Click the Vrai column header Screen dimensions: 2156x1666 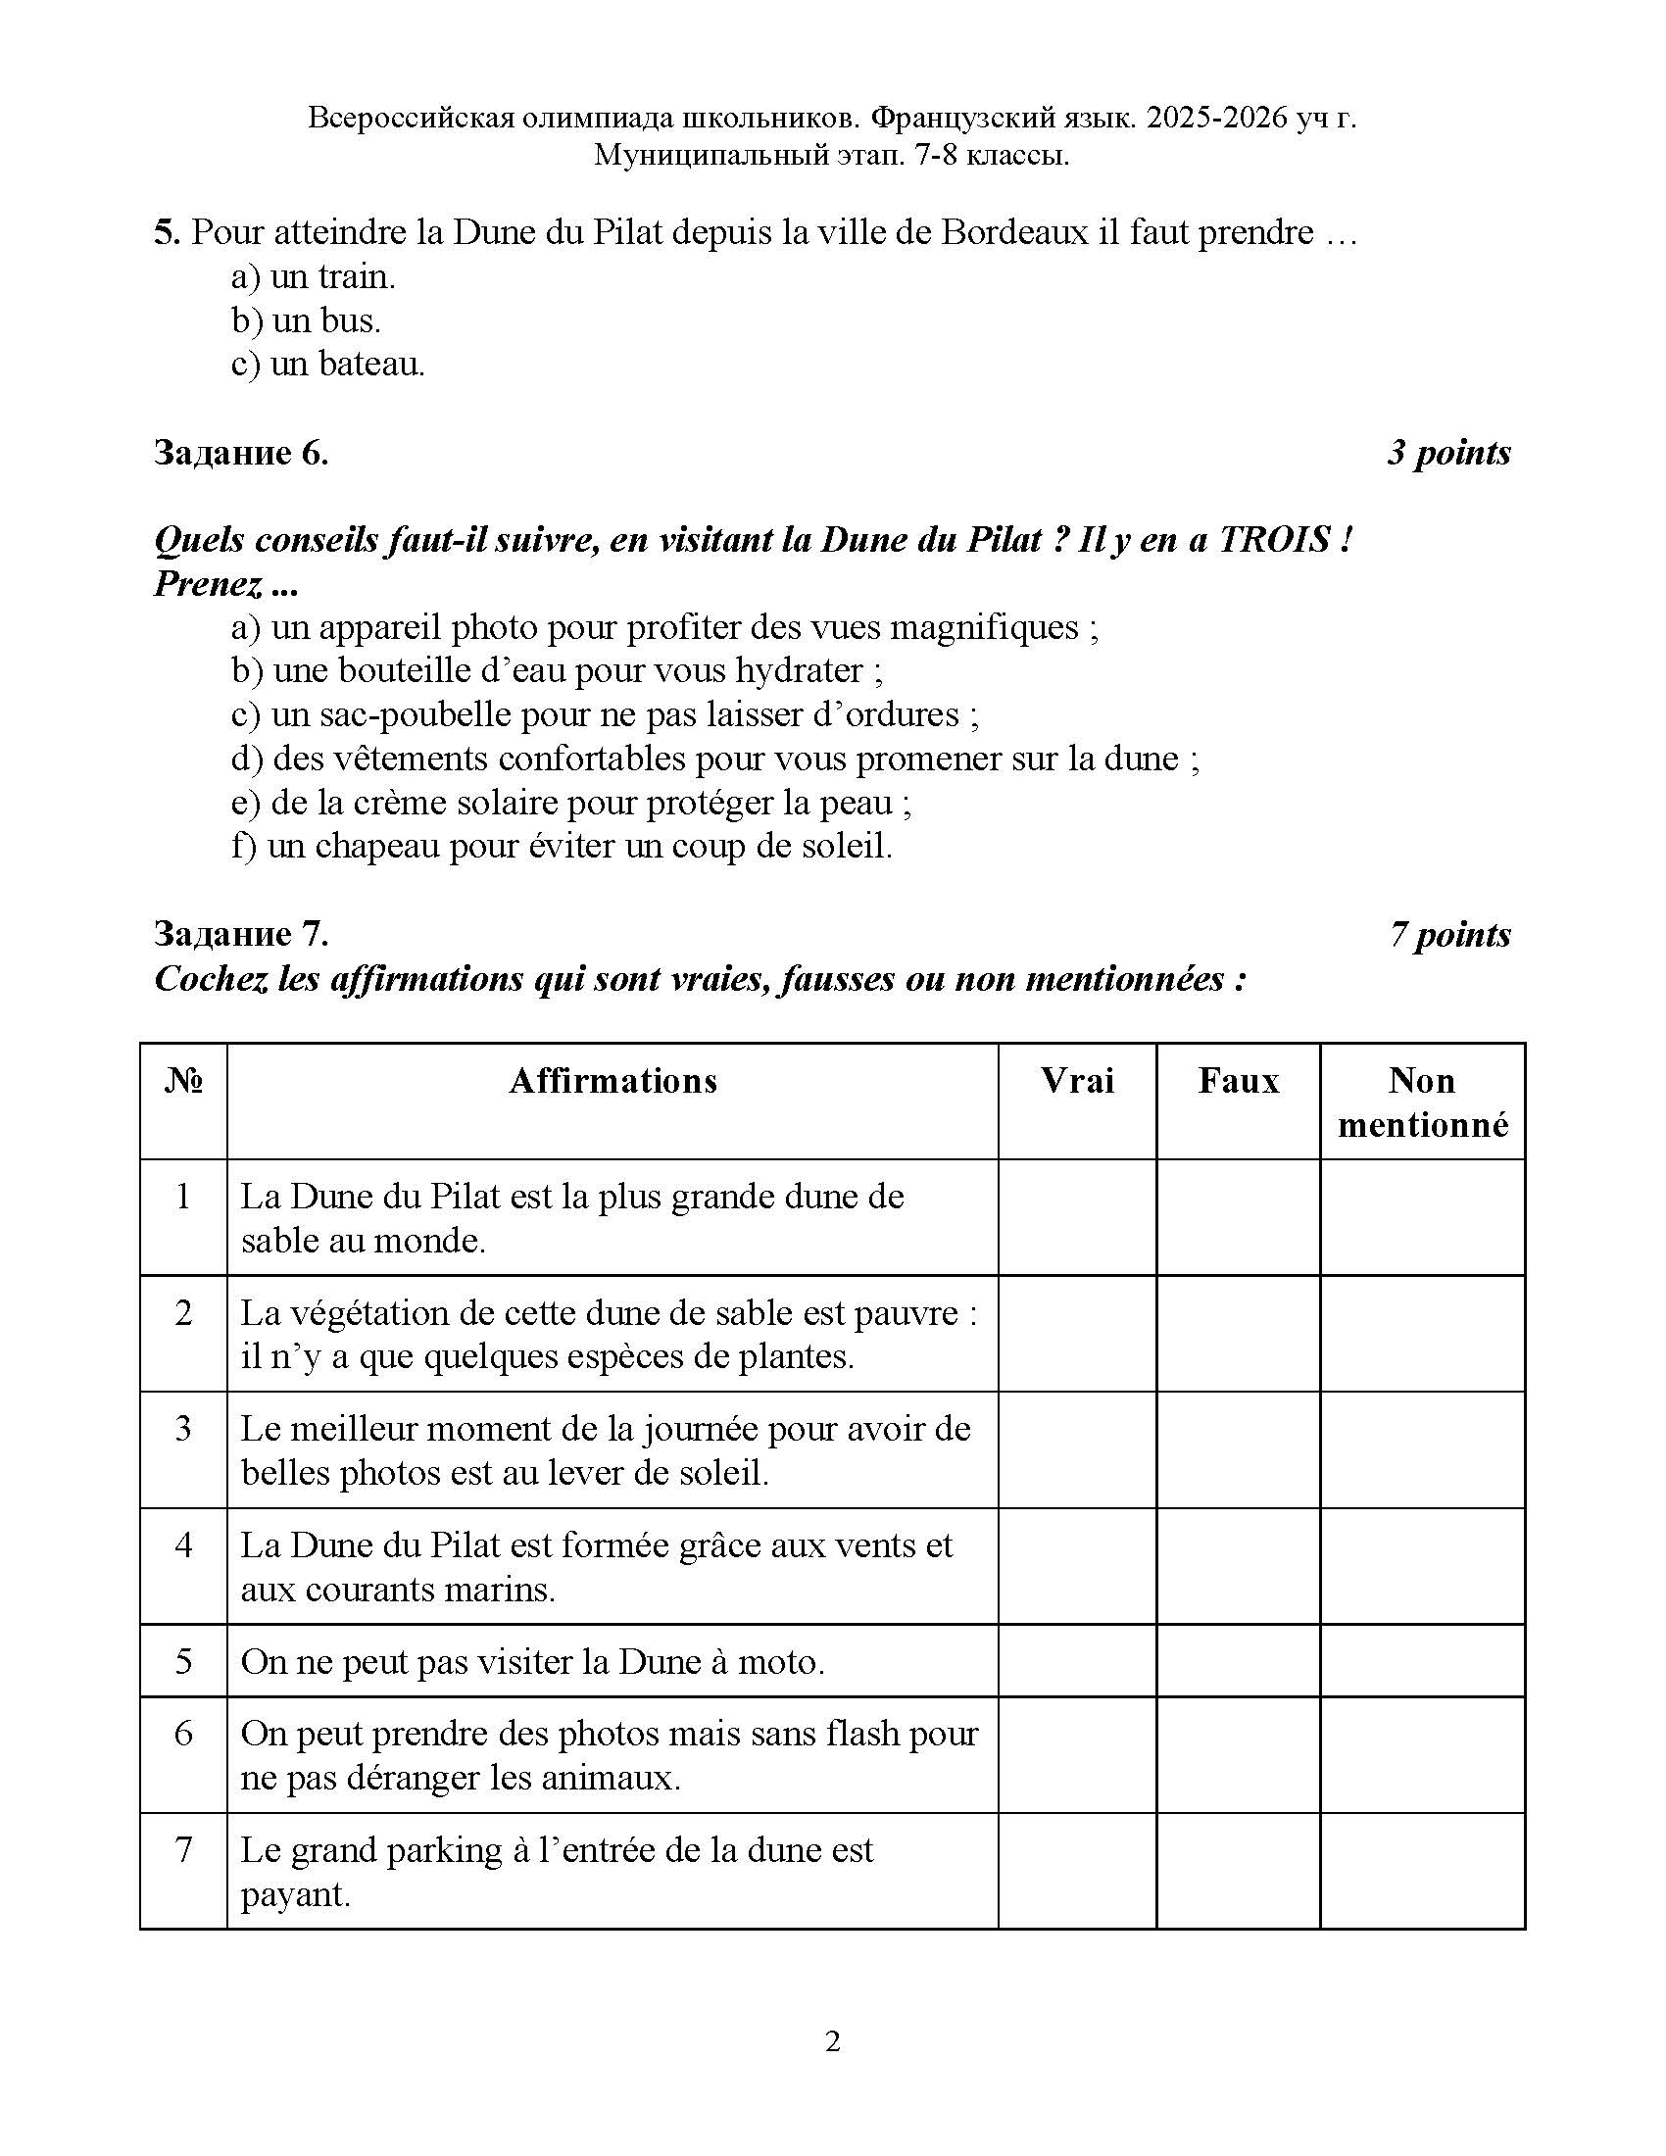coord(1077,1081)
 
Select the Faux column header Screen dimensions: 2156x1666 coord(1238,1081)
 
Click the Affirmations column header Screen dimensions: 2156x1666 coord(612,1081)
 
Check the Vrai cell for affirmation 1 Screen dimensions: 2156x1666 coord(1077,1217)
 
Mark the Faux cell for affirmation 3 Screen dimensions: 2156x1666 coord(1238,1449)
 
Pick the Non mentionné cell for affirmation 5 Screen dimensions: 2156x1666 coord(1422,1661)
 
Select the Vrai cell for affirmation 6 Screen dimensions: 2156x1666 coord(1077,1754)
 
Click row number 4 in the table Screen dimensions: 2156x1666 coord(183,1544)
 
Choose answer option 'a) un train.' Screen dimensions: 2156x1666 coord(313,277)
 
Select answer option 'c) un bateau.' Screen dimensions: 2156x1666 coord(327,365)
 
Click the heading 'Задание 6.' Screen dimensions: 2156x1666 coord(241,453)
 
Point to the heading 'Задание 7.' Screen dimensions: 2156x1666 coord(241,934)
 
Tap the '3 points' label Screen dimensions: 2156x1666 coord(1447,453)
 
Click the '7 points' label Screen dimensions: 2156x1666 coord(1448,934)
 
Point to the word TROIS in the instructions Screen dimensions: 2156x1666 coord(1274,540)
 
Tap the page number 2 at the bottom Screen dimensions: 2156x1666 coord(832,2041)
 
